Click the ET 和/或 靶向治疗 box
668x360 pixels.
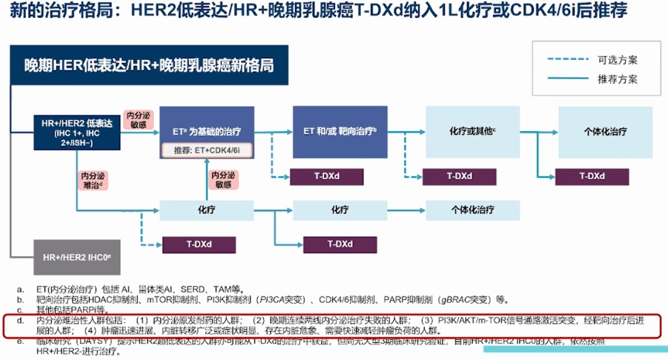coord(340,131)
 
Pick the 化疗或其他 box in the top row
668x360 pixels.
coord(473,131)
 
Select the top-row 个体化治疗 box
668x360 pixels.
coord(605,131)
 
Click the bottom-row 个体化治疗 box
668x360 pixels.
coord(473,210)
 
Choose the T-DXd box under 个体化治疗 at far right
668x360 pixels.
coord(592,176)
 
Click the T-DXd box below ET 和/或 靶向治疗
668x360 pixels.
coord(326,176)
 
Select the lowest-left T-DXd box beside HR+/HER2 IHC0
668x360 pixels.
coord(199,244)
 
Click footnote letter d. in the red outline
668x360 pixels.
coord(20,321)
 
